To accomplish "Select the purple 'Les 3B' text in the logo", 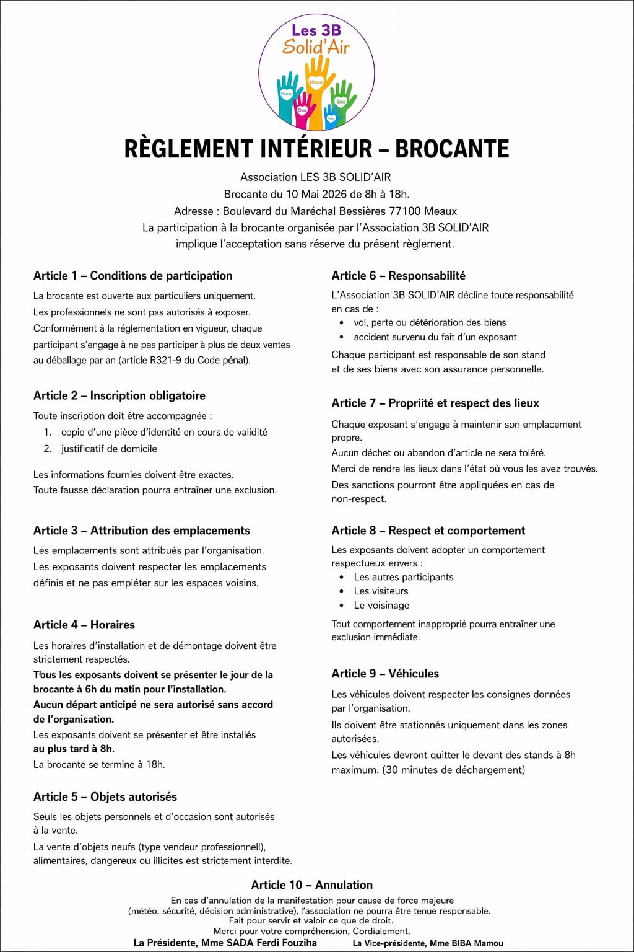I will (316, 30).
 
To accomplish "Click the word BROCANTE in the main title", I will (452, 149).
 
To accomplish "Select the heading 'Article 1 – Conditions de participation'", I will (133, 276).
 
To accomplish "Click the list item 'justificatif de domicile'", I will (109, 449).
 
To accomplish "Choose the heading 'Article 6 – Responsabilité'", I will (398, 276).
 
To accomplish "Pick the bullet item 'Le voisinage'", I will (381, 605).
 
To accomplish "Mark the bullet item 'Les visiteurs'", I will (381, 591).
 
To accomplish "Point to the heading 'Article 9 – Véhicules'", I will (385, 674).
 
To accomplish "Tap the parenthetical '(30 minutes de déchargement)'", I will (454, 770).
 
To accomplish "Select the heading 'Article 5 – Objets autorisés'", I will (105, 797).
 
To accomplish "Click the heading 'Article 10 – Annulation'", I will (312, 885).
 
